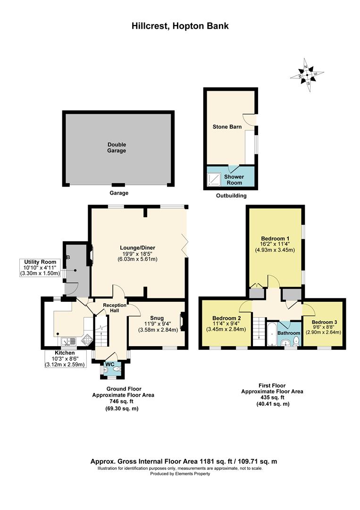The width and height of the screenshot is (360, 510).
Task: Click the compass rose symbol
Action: pos(307,75)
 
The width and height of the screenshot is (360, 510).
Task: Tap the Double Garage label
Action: pos(117,147)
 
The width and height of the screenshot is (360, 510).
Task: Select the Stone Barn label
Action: pos(227,127)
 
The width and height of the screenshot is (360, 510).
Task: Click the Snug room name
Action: pos(157,318)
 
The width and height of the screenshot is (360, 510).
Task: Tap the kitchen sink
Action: pos(68,341)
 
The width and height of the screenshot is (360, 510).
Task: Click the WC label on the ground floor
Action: pos(110,364)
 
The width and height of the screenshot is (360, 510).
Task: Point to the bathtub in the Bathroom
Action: pos(272,334)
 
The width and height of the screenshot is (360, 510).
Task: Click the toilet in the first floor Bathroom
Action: pos(296,341)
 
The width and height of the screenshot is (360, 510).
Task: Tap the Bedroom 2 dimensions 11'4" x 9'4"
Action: pos(226,323)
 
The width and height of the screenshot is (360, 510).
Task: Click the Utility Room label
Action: pos(40,262)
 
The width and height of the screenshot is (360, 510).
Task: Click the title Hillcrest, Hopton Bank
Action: pos(180,26)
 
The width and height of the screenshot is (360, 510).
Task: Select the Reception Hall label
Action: pos(115,308)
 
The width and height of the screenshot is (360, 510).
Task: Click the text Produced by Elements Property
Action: pos(180,474)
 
